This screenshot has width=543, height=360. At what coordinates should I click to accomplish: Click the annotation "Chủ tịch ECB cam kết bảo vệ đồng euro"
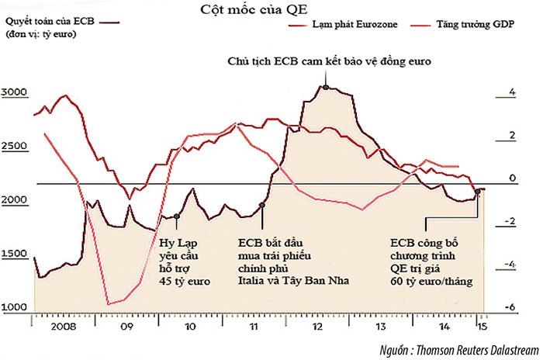tap(329, 61)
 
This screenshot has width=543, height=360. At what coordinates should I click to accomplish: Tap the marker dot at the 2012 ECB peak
tap(327, 87)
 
